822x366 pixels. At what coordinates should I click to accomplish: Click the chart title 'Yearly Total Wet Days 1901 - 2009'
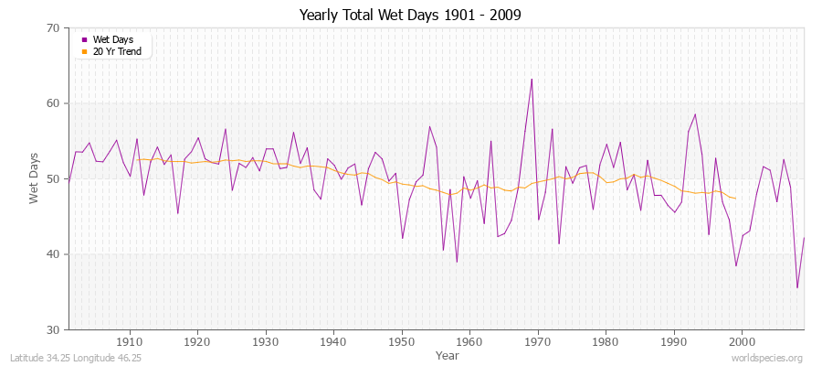(410, 16)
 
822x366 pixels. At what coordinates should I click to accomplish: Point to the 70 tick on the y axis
(53, 28)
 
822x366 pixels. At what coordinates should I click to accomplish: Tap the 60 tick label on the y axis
(53, 103)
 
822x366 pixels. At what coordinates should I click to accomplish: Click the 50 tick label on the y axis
(53, 179)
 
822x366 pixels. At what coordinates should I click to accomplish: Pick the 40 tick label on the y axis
(53, 254)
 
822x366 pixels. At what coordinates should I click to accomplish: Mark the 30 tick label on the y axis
(53, 329)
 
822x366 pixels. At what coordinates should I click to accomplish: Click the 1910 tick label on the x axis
(130, 340)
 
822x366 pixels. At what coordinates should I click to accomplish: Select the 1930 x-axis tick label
(266, 340)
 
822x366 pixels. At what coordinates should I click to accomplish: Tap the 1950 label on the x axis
(402, 340)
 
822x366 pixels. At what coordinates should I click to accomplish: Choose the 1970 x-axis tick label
(538, 340)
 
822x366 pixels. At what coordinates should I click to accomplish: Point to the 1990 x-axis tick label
(674, 340)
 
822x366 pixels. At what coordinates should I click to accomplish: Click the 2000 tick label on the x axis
(742, 340)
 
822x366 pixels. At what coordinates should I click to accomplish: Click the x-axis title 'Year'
(448, 354)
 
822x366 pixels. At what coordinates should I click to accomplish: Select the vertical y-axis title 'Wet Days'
(34, 178)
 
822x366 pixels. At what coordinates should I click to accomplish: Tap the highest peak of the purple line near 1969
(532, 79)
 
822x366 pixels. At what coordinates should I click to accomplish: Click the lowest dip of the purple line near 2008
(797, 288)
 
